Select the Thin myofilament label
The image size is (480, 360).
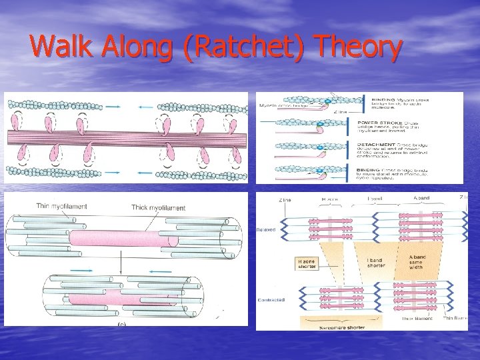(x=61, y=206)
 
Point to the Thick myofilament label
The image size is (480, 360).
(x=158, y=208)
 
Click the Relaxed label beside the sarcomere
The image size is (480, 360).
(x=266, y=229)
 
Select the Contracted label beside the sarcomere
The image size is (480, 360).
(x=270, y=300)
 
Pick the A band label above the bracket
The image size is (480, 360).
(x=422, y=198)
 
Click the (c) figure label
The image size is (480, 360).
(x=121, y=323)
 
